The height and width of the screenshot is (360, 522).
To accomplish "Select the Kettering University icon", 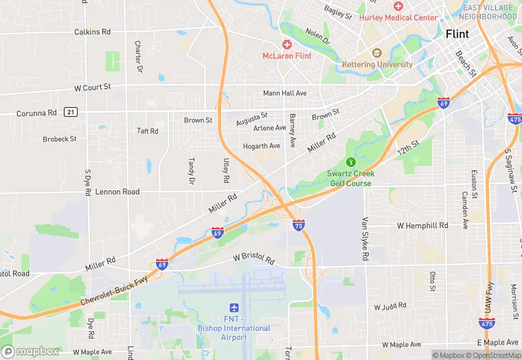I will pos(376,54).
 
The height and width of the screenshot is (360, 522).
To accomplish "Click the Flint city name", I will pos(457,34).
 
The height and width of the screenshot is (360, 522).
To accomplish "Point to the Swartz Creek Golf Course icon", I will pos(350,162).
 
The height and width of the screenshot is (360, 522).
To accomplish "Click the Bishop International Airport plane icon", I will pos(234,308).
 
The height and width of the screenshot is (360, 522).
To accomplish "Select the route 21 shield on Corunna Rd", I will pos(70,112).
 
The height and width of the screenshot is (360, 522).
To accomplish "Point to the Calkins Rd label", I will pos(92,32).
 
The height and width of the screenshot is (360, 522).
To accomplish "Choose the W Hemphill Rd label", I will pos(422,225).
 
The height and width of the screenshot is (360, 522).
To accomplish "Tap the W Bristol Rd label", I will pos(253,260).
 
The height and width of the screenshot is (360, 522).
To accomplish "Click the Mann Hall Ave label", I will pos(285,93).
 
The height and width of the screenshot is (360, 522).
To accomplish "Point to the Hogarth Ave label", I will pos(262,146).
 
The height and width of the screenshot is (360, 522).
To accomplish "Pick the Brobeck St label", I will pos(60,139).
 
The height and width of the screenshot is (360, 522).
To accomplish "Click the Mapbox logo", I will pos(30,351).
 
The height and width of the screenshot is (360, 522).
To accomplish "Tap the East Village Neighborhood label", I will pos(487,12).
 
